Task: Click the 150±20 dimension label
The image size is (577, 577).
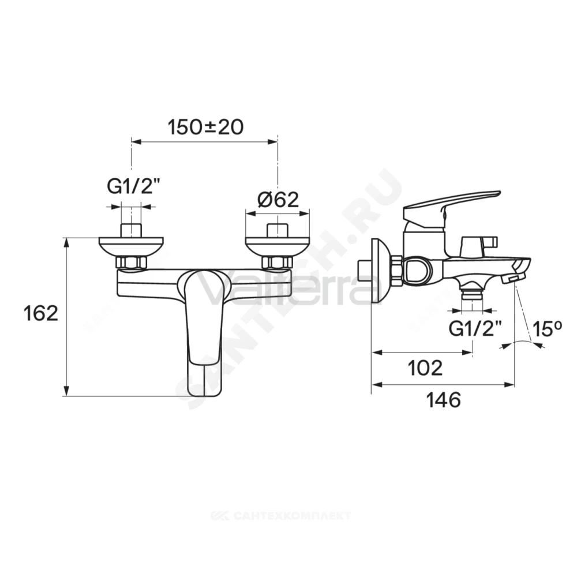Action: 205,128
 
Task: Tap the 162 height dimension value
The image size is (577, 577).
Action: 40,313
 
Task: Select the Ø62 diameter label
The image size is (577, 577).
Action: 278,200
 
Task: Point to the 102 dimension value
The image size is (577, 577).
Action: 425,368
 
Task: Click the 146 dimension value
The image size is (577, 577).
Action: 443,400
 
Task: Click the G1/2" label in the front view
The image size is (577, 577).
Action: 134,188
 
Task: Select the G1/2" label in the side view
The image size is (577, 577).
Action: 475,329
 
